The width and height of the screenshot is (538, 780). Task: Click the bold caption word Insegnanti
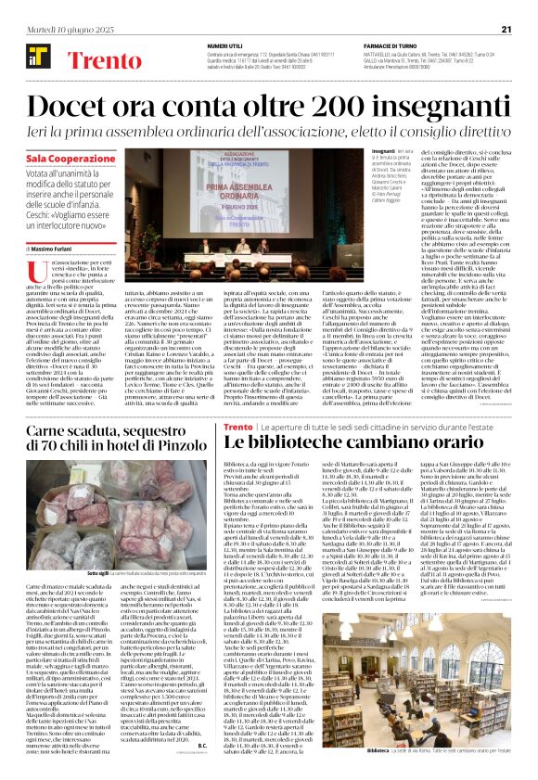coord(382,150)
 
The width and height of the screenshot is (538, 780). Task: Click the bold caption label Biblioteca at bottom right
coord(378,749)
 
